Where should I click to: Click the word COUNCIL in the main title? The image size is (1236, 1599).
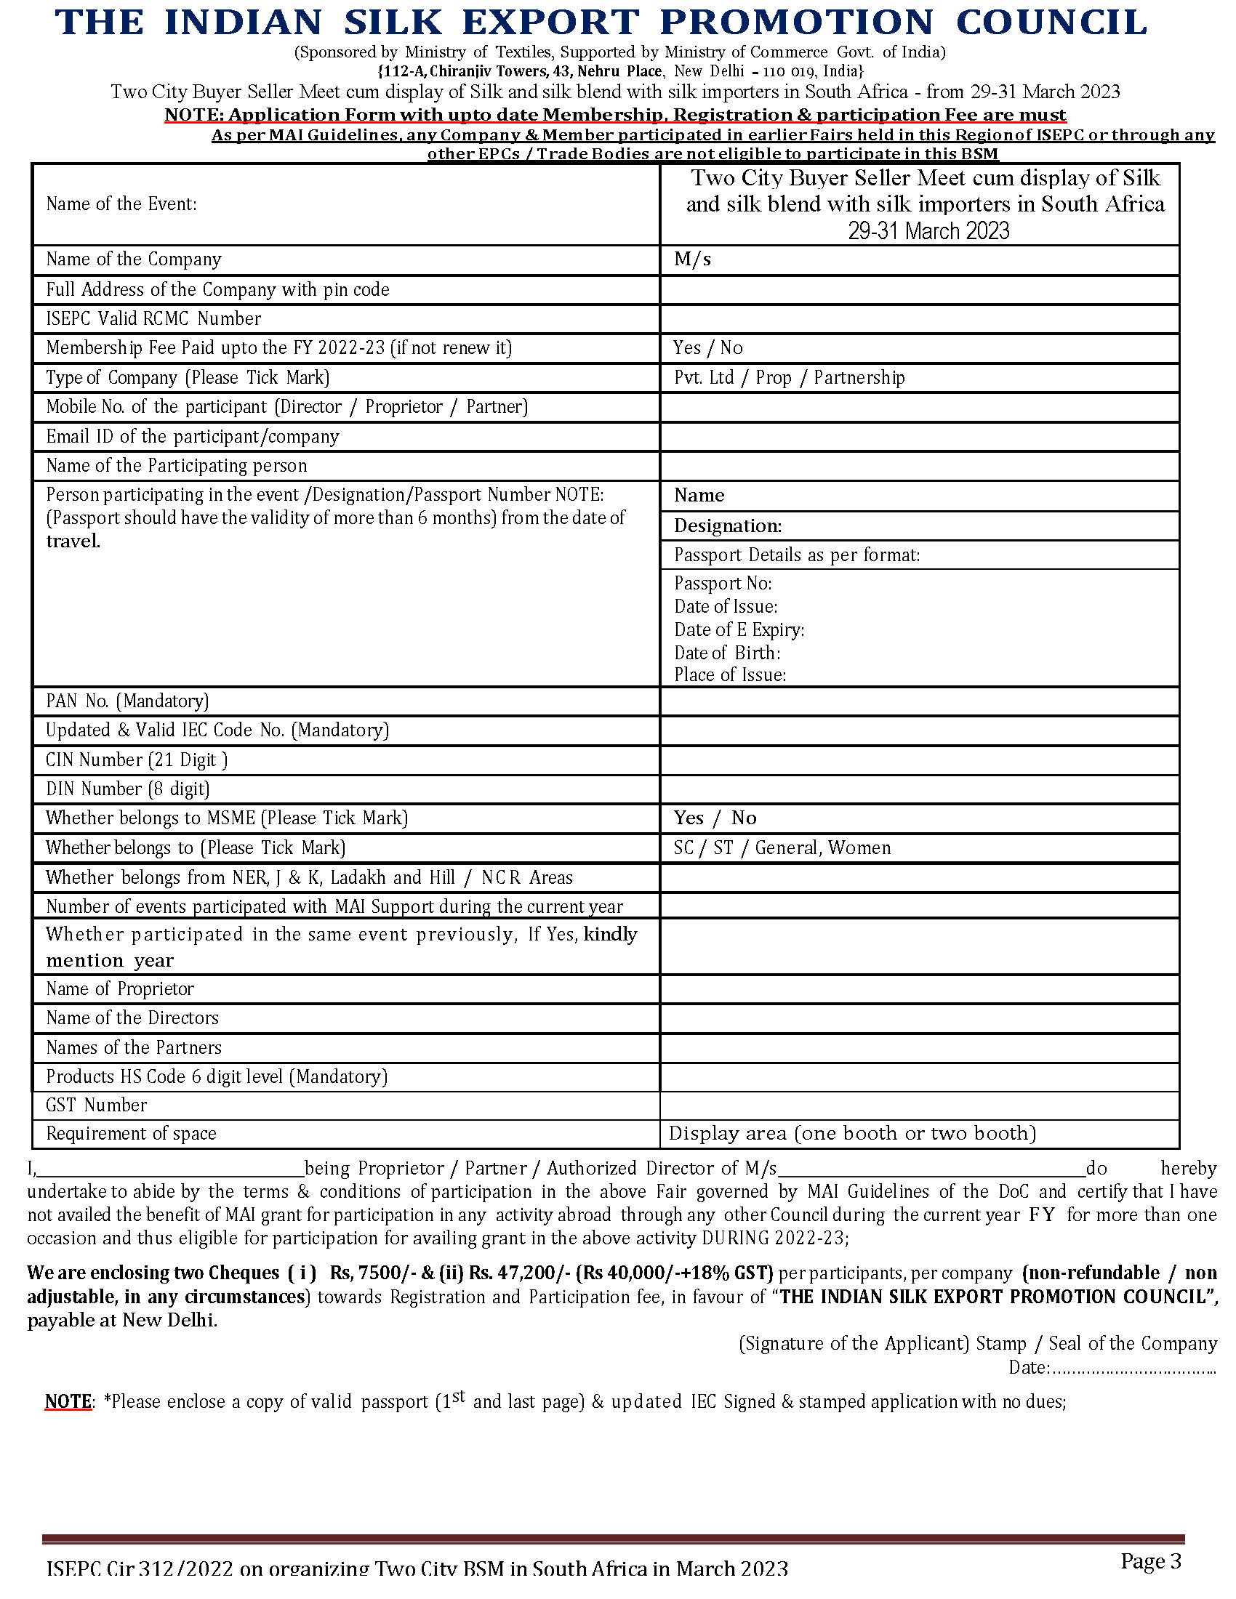pos(1051,23)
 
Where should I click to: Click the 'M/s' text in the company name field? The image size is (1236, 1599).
pos(692,259)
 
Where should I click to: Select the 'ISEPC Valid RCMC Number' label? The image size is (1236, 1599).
pos(153,318)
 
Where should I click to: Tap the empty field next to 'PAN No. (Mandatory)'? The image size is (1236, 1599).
pos(919,701)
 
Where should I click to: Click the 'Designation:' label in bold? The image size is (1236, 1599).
pos(727,525)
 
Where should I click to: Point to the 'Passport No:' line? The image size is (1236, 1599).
pos(722,583)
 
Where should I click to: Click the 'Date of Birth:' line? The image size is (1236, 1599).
pos(726,653)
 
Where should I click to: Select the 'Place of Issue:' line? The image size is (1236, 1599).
pos(729,674)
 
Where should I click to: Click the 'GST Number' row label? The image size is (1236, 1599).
pos(96,1105)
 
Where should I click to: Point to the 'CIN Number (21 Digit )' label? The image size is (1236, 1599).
pos(136,760)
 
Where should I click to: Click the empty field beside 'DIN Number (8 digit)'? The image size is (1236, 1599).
pos(919,789)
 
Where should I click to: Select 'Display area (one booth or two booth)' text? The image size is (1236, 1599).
pos(852,1133)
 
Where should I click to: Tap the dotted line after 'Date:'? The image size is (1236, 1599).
pos(1134,1367)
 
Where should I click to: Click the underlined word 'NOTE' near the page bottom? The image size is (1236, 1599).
pos(68,1401)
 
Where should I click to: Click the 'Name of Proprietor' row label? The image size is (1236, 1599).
pos(119,988)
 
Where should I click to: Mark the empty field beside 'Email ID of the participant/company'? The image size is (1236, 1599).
pos(919,436)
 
